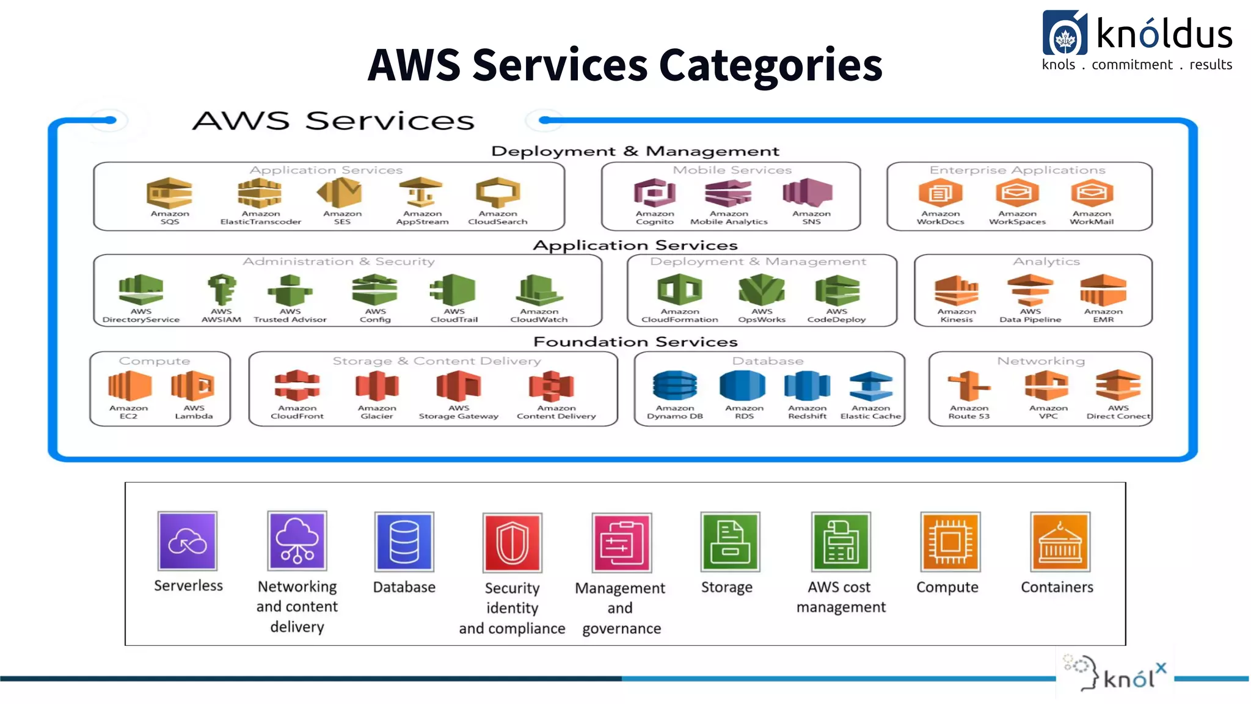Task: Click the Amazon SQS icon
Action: click(169, 193)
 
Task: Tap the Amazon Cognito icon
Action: click(654, 193)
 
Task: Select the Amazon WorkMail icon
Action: click(1092, 193)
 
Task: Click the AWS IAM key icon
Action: click(221, 290)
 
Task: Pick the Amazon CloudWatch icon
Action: click(539, 290)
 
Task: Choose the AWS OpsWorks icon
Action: click(761, 290)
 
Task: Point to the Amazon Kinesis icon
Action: click(956, 290)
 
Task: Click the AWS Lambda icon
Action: click(193, 386)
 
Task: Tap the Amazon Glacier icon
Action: click(377, 386)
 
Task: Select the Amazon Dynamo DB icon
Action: click(674, 386)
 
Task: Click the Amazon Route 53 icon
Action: click(969, 386)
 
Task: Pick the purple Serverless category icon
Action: click(188, 541)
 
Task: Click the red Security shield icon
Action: click(512, 543)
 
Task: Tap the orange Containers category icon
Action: click(1059, 542)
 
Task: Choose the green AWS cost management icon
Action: click(841, 542)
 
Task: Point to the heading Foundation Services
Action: click(635, 342)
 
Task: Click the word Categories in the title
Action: click(770, 65)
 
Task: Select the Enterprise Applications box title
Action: click(1017, 170)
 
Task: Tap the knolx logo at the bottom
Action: click(1115, 675)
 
